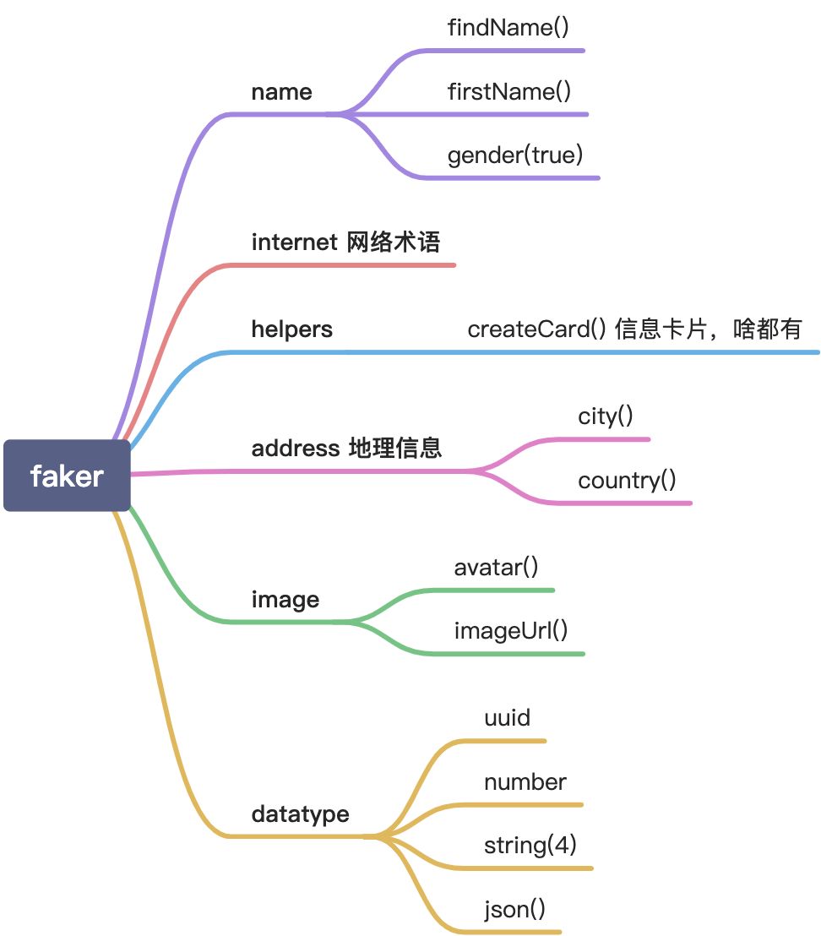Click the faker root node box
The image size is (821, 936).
coord(67,476)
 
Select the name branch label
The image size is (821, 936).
coord(281,92)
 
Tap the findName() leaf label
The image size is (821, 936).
coord(508,27)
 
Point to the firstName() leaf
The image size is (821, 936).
coord(509,91)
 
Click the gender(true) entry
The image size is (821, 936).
coord(515,155)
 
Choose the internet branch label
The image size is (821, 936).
coord(294,242)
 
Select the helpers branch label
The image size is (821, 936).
coord(292,329)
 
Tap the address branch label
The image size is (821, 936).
coord(296,448)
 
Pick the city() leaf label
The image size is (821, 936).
coord(606,416)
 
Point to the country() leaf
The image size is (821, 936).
coord(627,481)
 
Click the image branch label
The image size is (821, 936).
coord(285,600)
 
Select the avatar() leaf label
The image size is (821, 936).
coord(496,567)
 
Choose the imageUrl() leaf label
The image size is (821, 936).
coord(511,630)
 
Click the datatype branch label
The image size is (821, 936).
coord(300,814)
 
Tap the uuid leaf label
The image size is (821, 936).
coord(507,718)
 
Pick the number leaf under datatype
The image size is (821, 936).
coord(525,782)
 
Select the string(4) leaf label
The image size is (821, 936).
coord(530,846)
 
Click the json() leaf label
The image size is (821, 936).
coord(514,910)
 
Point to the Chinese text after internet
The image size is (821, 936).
coord(394,242)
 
